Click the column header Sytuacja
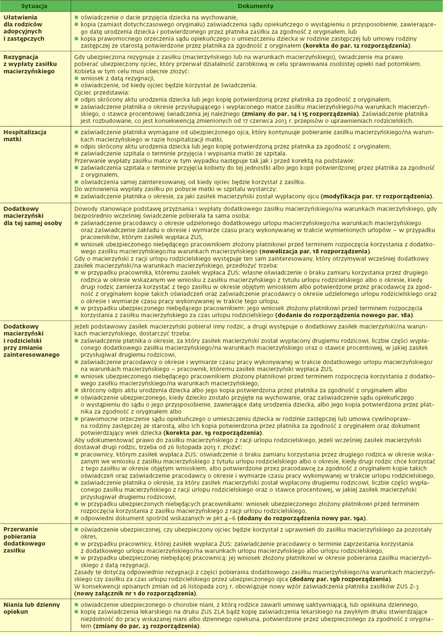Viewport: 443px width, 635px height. click(34, 6)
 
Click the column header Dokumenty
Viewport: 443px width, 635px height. click(255, 6)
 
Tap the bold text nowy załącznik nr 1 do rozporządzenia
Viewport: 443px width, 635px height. click(135, 594)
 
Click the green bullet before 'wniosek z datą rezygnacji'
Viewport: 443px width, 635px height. click(76, 79)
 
